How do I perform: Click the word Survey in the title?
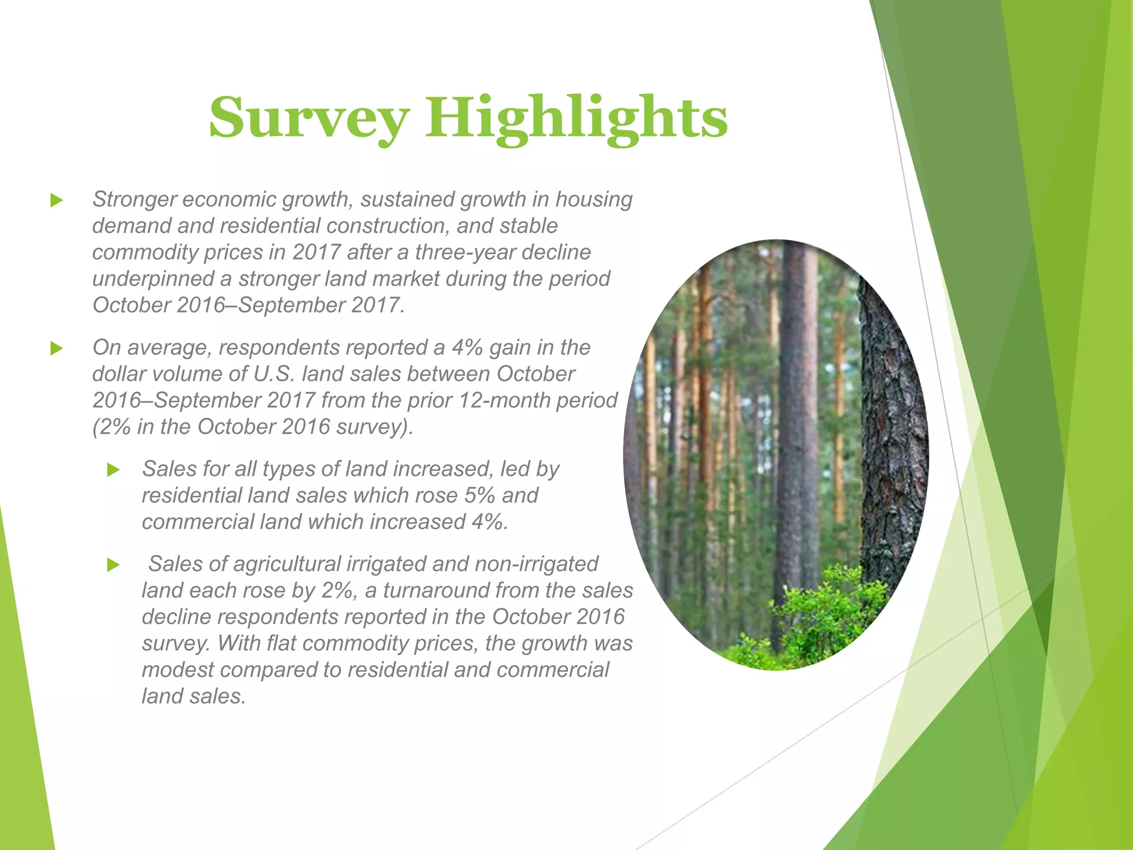tap(309, 118)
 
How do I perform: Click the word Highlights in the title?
tap(576, 118)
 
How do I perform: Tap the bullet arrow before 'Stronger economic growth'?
tap(56, 200)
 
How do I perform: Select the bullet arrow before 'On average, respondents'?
tap(56, 348)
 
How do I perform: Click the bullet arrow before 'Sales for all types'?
tap(113, 470)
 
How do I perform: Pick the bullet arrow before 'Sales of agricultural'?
tap(113, 565)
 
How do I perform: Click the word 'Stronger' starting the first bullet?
tap(134, 200)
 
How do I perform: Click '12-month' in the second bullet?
tap(504, 401)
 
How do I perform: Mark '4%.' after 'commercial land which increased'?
tap(489, 522)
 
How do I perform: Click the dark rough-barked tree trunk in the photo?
tap(891, 443)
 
